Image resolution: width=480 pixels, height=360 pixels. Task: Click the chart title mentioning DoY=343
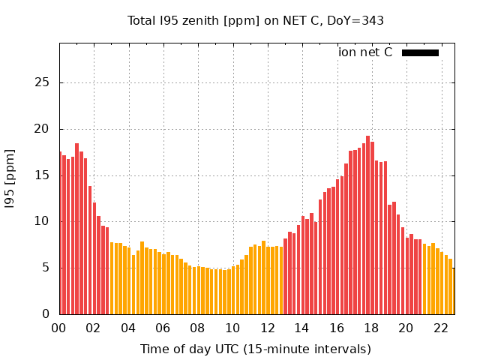(255, 20)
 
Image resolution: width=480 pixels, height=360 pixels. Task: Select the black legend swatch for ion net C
(420, 52)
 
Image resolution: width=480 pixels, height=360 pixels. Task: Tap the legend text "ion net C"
(365, 52)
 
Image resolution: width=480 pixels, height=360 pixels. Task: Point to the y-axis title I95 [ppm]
(10, 178)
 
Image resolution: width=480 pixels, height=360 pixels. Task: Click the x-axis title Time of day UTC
(256, 349)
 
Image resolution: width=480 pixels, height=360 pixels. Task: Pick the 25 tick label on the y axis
(44, 82)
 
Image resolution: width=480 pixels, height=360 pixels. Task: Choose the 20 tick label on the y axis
(44, 129)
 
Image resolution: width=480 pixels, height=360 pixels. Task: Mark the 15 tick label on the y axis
(44, 175)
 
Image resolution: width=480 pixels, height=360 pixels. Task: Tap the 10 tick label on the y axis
(44, 221)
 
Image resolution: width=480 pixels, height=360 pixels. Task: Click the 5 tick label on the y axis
(47, 268)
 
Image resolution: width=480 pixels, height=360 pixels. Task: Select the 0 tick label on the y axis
(47, 314)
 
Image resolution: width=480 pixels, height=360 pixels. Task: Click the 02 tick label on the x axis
(94, 328)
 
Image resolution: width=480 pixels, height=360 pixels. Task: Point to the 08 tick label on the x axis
(198, 328)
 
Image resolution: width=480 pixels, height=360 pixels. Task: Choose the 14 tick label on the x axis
(301, 328)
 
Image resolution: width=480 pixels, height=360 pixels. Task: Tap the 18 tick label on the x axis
(371, 328)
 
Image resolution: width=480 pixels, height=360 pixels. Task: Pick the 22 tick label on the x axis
(440, 328)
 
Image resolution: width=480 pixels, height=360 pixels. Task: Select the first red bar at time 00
(60, 232)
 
